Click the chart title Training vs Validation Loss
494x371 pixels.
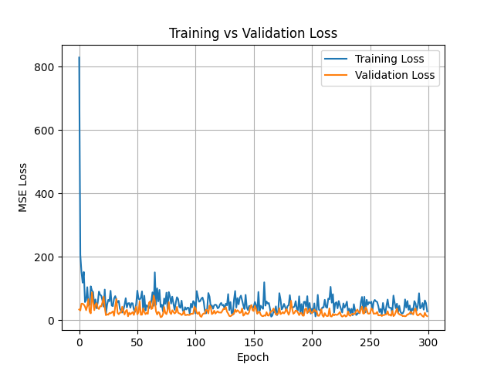[253, 34]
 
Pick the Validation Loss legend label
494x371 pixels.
[394, 76]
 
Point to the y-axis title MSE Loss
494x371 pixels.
[24, 187]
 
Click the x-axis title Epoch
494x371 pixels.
[253, 357]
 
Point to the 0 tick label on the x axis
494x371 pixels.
[80, 342]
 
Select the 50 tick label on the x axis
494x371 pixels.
[137, 342]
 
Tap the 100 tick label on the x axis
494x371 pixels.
[195, 342]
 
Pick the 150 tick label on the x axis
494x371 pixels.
[254, 342]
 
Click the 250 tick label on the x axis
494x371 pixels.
[370, 342]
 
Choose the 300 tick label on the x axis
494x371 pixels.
[428, 342]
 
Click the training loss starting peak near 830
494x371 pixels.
[79, 58]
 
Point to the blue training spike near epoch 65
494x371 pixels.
[154, 273]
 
